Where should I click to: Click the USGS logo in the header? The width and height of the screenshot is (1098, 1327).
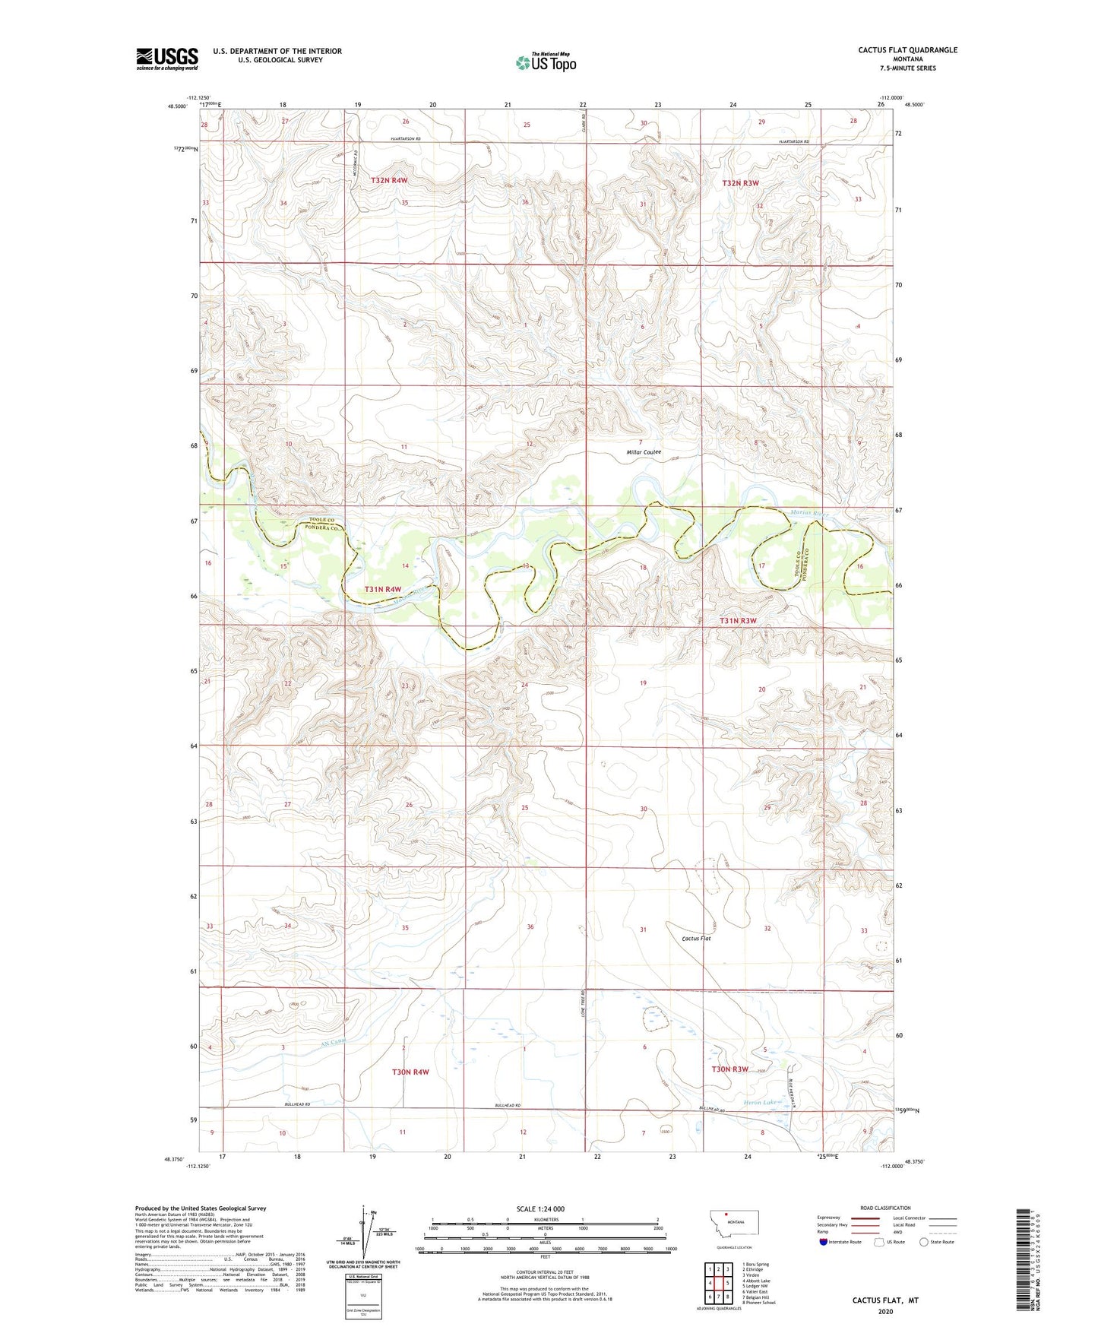[x=166, y=59]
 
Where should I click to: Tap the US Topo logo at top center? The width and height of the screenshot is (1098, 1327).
[x=546, y=62]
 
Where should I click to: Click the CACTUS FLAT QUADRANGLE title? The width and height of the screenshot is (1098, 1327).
[x=907, y=50]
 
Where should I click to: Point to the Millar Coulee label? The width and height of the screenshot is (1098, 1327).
[x=644, y=452]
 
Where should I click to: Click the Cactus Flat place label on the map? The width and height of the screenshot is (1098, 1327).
[x=696, y=939]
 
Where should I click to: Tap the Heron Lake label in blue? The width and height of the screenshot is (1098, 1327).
[x=759, y=1102]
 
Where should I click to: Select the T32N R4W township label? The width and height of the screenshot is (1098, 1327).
[x=389, y=180]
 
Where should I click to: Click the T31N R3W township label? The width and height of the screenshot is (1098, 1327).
[x=738, y=621]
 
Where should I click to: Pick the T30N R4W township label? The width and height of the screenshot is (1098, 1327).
[x=410, y=1072]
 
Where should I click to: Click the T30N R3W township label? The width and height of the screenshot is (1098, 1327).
[x=729, y=1069]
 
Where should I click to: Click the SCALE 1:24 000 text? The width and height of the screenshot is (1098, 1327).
[x=540, y=1209]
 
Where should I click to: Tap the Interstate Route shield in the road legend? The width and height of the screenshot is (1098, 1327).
[x=824, y=1242]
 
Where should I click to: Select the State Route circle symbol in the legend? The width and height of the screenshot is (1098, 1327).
[x=923, y=1242]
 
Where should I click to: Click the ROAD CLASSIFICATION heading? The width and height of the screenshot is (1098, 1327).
[x=885, y=1208]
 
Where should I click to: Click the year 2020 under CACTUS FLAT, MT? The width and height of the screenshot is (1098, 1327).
[x=885, y=1311]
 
